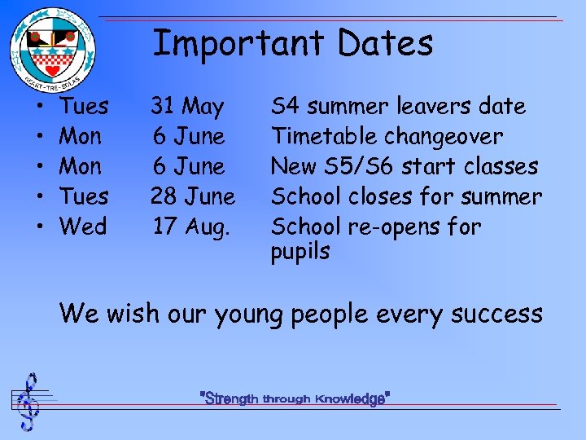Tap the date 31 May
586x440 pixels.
tap(187, 106)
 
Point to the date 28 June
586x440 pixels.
tap(193, 196)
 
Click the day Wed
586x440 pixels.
tap(84, 227)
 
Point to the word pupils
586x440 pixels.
tap(300, 253)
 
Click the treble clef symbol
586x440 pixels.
tap(29, 402)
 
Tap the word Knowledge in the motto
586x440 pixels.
tap(351, 399)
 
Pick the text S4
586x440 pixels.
tap(285, 106)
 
